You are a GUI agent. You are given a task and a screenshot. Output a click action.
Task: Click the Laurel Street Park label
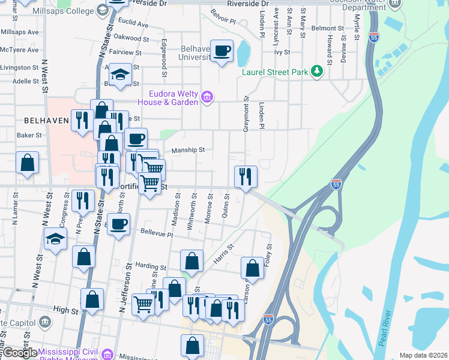[x=274, y=73]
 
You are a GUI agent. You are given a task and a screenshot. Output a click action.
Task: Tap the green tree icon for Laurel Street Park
[x=316, y=72]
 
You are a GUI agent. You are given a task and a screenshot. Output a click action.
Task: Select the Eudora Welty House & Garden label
[x=174, y=98]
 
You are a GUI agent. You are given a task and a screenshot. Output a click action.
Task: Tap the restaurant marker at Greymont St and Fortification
[x=246, y=176]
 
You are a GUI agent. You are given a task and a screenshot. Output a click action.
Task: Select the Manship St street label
[x=188, y=150]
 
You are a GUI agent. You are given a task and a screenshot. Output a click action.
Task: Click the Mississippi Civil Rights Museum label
[x=68, y=352]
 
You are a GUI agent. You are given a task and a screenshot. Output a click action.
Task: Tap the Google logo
[x=20, y=353]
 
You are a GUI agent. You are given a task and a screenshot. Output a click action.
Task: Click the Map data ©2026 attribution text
[x=423, y=355]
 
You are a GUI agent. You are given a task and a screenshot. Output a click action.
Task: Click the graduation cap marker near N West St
[x=55, y=239]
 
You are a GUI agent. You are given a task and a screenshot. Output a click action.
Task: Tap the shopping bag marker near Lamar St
[x=28, y=162]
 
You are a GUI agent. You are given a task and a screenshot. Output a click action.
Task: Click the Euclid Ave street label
[x=133, y=25]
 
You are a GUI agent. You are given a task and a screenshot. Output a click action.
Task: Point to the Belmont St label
[x=327, y=28]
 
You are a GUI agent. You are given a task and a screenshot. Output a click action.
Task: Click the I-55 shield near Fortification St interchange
[x=336, y=184]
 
